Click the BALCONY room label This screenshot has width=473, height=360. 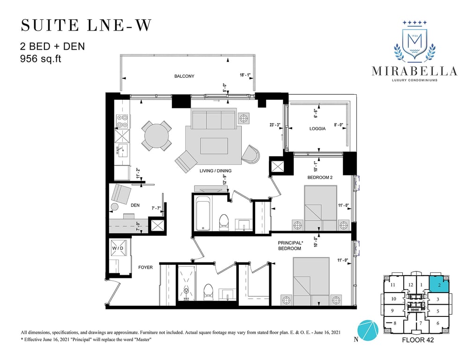(x=184, y=76)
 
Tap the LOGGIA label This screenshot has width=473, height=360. (x=318, y=128)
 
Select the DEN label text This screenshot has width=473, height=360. (x=135, y=205)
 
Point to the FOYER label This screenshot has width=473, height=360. (x=145, y=267)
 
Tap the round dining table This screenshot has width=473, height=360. (x=157, y=136)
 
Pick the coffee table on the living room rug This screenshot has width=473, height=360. (x=214, y=146)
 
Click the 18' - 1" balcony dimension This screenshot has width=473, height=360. (x=245, y=75)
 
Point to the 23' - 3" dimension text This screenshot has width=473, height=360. (x=275, y=125)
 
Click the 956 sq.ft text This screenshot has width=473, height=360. (x=40, y=59)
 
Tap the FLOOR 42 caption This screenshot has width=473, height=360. (x=418, y=340)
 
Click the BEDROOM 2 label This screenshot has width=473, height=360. (x=320, y=178)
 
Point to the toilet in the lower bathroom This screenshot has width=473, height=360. (x=208, y=292)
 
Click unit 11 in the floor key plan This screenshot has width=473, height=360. (x=392, y=285)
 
